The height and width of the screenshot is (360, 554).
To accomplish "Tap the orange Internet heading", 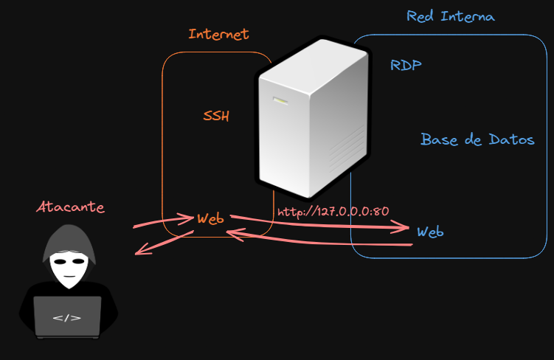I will [x=218, y=34].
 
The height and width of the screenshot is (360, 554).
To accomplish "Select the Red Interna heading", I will [x=451, y=16].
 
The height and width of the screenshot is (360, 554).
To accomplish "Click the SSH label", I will [x=216, y=116].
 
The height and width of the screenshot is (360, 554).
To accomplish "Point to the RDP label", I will [x=406, y=66].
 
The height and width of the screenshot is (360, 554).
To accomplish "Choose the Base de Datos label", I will [x=477, y=139].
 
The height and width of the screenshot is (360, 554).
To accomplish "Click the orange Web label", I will [x=211, y=219].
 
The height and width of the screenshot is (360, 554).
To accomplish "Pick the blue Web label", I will [x=430, y=232].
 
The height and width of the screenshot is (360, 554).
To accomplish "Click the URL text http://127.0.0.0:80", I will [x=333, y=211].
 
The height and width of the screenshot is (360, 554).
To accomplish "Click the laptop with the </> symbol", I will [x=67, y=316].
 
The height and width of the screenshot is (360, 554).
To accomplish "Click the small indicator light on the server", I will [x=281, y=102].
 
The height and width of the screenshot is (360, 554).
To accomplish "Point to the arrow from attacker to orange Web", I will [x=162, y=221].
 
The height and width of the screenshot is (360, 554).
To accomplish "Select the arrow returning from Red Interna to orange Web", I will [x=317, y=240].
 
